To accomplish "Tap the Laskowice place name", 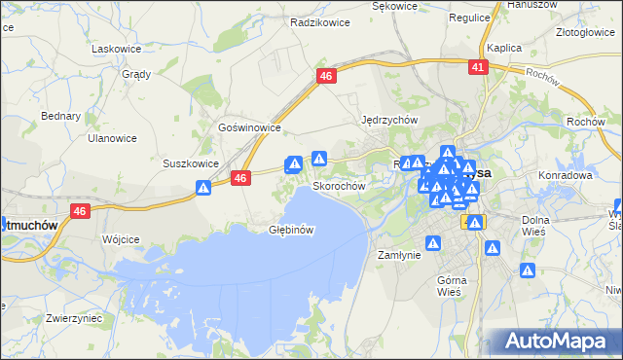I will tap(116, 48).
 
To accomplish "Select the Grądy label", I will tap(135, 73).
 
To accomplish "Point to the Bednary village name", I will tap(60, 116).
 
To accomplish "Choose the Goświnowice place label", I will tap(250, 127).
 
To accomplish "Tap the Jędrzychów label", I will tap(389, 120).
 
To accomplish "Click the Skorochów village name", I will tap(339, 185).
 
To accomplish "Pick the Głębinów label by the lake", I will tap(291, 230).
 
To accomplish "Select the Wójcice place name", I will tap(122, 238).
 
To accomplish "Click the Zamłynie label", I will tap(398, 254).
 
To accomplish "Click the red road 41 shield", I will tap(477, 66).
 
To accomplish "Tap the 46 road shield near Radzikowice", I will tap(326, 76).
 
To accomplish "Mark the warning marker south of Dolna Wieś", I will tap(528, 270).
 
